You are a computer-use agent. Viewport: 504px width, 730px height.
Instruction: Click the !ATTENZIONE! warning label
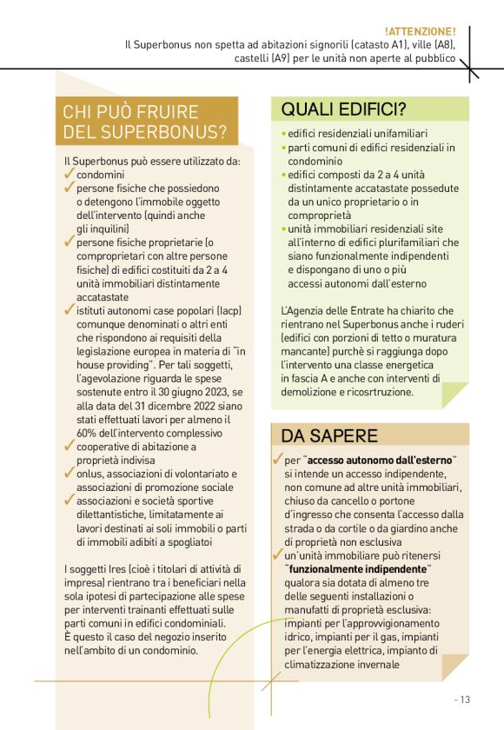(x=420, y=31)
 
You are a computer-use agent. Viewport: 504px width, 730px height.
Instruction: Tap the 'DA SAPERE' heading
(x=328, y=435)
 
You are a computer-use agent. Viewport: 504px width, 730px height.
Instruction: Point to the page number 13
(x=463, y=698)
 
